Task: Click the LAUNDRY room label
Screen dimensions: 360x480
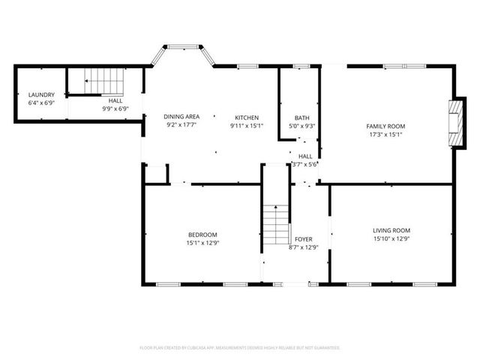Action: coord(41,94)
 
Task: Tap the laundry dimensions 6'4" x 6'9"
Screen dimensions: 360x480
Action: coord(41,102)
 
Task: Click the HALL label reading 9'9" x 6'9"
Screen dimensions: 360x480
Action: coord(115,100)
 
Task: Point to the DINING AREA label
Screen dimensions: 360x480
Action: coord(181,117)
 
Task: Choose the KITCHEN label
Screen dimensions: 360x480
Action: coord(247,118)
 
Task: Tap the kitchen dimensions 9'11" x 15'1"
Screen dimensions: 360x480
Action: coord(247,126)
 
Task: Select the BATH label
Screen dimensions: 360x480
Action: coord(301,118)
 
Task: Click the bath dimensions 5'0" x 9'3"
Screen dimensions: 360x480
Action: coord(301,126)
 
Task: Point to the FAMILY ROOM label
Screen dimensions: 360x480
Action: coord(385,126)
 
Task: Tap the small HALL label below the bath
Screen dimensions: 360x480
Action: coord(305,156)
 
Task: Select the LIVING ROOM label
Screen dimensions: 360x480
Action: coord(391,230)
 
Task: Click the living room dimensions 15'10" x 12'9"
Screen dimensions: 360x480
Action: coord(391,238)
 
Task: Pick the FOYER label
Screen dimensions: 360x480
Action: coord(304,239)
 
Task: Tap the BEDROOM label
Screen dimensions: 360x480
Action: coord(202,234)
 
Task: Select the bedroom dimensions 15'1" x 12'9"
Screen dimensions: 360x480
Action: coord(202,242)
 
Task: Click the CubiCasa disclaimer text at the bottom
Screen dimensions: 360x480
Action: coord(240,348)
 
